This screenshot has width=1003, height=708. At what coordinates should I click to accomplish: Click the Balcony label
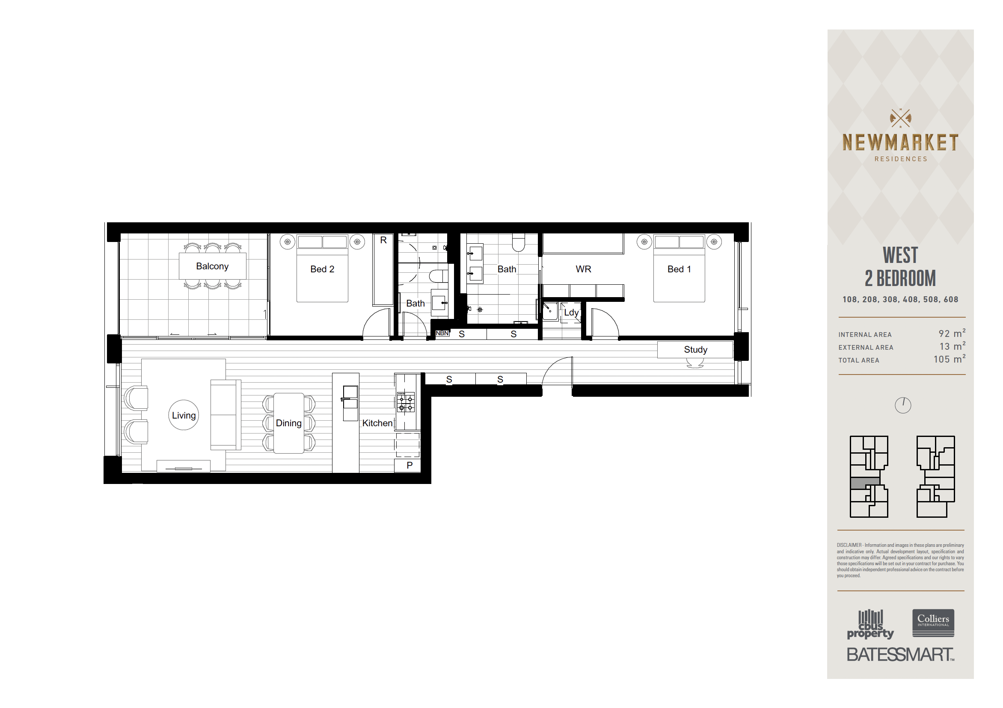click(x=212, y=266)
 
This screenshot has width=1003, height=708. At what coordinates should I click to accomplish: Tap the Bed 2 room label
click(x=322, y=269)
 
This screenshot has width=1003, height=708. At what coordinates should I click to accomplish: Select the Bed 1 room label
click(x=680, y=269)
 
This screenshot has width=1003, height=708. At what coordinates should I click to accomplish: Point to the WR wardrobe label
click(x=583, y=269)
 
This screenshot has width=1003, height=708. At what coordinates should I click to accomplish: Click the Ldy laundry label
click(x=571, y=313)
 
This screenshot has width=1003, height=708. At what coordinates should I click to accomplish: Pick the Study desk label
click(x=695, y=350)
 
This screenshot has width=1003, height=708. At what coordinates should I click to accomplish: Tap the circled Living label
click(x=184, y=415)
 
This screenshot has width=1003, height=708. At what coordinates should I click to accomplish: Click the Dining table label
click(x=289, y=423)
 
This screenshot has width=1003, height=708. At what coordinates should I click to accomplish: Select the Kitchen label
click(x=377, y=423)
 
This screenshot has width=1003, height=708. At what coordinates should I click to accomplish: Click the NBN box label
click(x=442, y=333)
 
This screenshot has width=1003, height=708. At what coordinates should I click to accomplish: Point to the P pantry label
click(x=410, y=465)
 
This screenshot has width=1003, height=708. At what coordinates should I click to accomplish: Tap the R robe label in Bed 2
click(x=383, y=240)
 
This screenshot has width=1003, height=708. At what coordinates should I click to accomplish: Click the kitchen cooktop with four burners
click(x=405, y=402)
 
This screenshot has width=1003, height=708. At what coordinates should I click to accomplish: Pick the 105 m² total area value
click(x=949, y=359)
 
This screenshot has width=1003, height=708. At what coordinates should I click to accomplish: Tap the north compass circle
click(x=902, y=405)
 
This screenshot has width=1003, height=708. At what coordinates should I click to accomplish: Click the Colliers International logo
click(x=933, y=623)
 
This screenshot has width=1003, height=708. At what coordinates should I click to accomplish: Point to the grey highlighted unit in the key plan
click(x=864, y=484)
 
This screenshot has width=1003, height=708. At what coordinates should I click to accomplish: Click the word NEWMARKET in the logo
click(x=900, y=143)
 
